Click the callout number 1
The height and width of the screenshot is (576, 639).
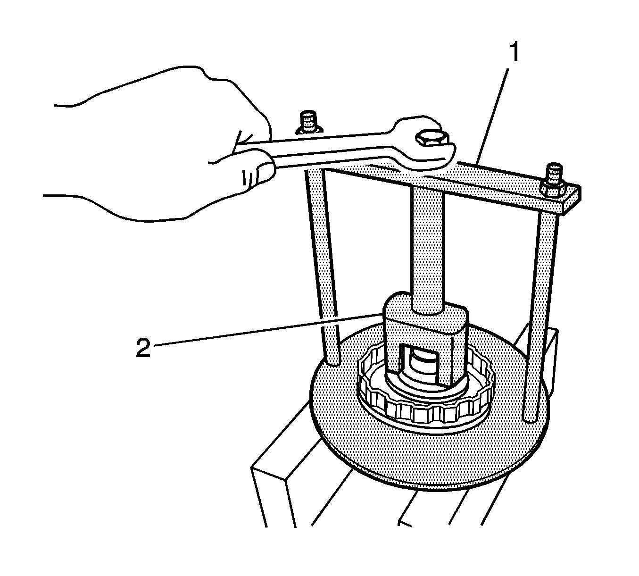[x=514, y=52]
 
